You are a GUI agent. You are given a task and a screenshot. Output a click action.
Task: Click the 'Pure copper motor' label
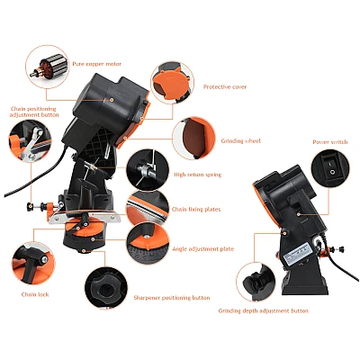(x=96, y=64)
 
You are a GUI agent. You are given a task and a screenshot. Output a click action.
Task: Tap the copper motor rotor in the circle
(x=49, y=67)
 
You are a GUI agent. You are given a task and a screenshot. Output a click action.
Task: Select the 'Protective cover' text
(x=225, y=87)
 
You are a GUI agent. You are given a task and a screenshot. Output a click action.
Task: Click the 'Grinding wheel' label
(x=241, y=140)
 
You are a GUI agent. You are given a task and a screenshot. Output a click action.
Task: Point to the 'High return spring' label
(x=198, y=175)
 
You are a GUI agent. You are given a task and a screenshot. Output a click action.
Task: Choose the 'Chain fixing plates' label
(x=196, y=210)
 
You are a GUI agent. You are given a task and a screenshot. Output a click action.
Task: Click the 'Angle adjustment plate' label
(x=203, y=249)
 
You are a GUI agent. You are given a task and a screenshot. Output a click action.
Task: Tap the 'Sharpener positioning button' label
(x=172, y=298)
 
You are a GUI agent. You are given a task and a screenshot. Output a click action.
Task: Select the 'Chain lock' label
(x=35, y=294)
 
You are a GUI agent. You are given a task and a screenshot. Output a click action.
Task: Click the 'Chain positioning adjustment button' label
(x=34, y=112)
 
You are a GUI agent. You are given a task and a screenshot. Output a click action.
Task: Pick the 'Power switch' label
(x=330, y=142)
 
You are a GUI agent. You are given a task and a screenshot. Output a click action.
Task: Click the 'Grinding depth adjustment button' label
(x=264, y=310)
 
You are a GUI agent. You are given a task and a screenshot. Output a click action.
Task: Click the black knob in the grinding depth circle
(x=255, y=283)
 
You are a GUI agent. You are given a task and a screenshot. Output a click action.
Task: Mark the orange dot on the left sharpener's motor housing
(x=112, y=99)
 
